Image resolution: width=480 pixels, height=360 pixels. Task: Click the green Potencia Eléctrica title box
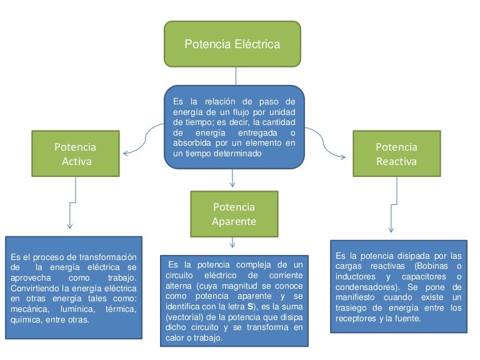pos(232,44)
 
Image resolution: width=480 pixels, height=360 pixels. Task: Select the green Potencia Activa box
pos(76,153)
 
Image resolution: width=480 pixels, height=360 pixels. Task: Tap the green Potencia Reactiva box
pos(397,153)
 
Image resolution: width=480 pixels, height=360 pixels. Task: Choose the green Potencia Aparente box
pos(234,214)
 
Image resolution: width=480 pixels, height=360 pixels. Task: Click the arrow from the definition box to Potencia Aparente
pos(232,178)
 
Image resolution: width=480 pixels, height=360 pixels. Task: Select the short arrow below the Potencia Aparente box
pos(232,242)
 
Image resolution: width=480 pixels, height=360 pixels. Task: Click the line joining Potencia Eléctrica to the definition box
pos(236,76)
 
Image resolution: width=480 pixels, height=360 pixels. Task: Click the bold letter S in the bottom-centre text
pos(250,306)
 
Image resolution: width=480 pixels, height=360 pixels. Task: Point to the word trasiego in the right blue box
pos(351,307)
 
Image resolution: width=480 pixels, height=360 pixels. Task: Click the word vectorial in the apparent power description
pos(184,317)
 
